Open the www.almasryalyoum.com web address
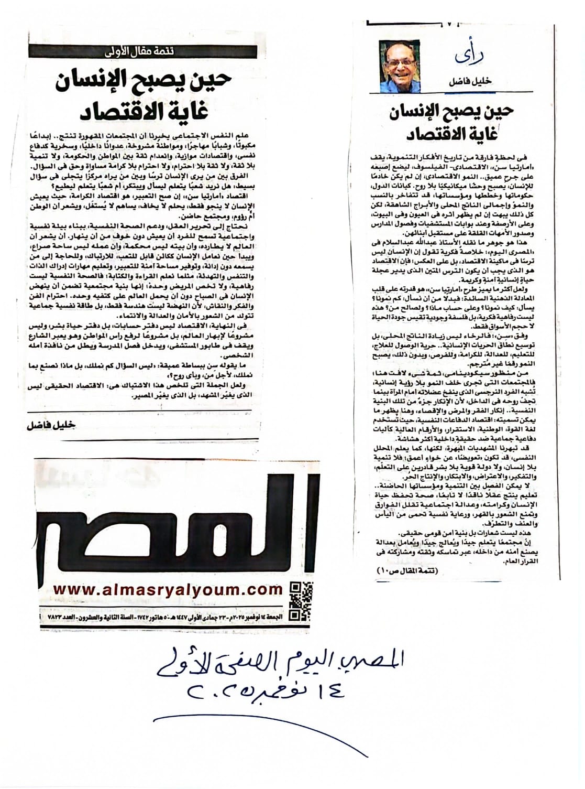point(168,589)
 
